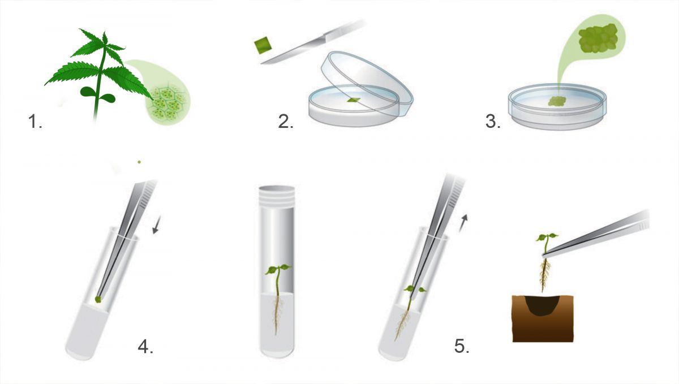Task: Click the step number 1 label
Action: (x=35, y=120)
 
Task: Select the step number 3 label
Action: (x=493, y=120)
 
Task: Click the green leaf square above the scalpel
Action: (x=264, y=45)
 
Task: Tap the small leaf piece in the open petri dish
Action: (x=354, y=100)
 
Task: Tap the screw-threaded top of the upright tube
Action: (x=275, y=196)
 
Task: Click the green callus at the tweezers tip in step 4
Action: (x=98, y=299)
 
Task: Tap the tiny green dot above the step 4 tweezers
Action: (x=139, y=162)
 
